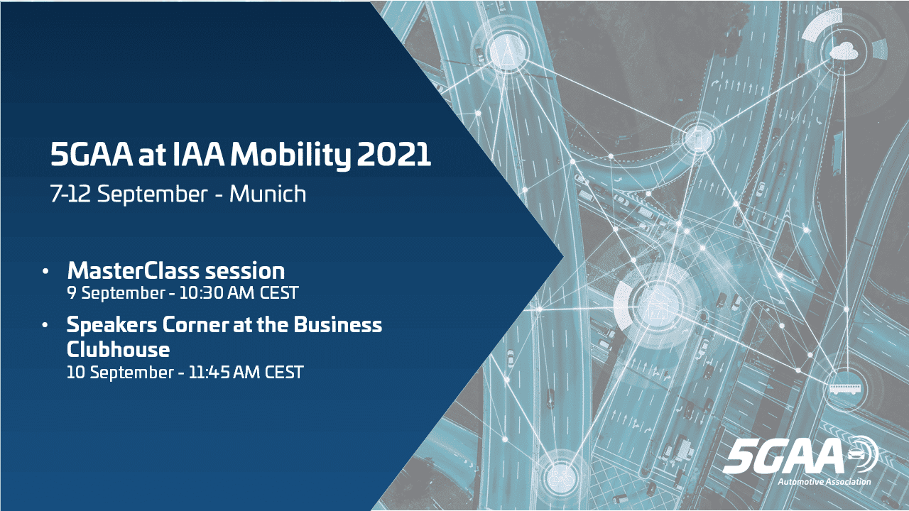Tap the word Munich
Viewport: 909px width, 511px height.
[268, 194]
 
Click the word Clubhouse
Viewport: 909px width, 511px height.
[118, 349]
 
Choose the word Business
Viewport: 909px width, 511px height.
[337, 325]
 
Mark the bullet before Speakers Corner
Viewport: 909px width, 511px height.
[46, 326]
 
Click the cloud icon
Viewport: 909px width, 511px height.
[844, 50]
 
